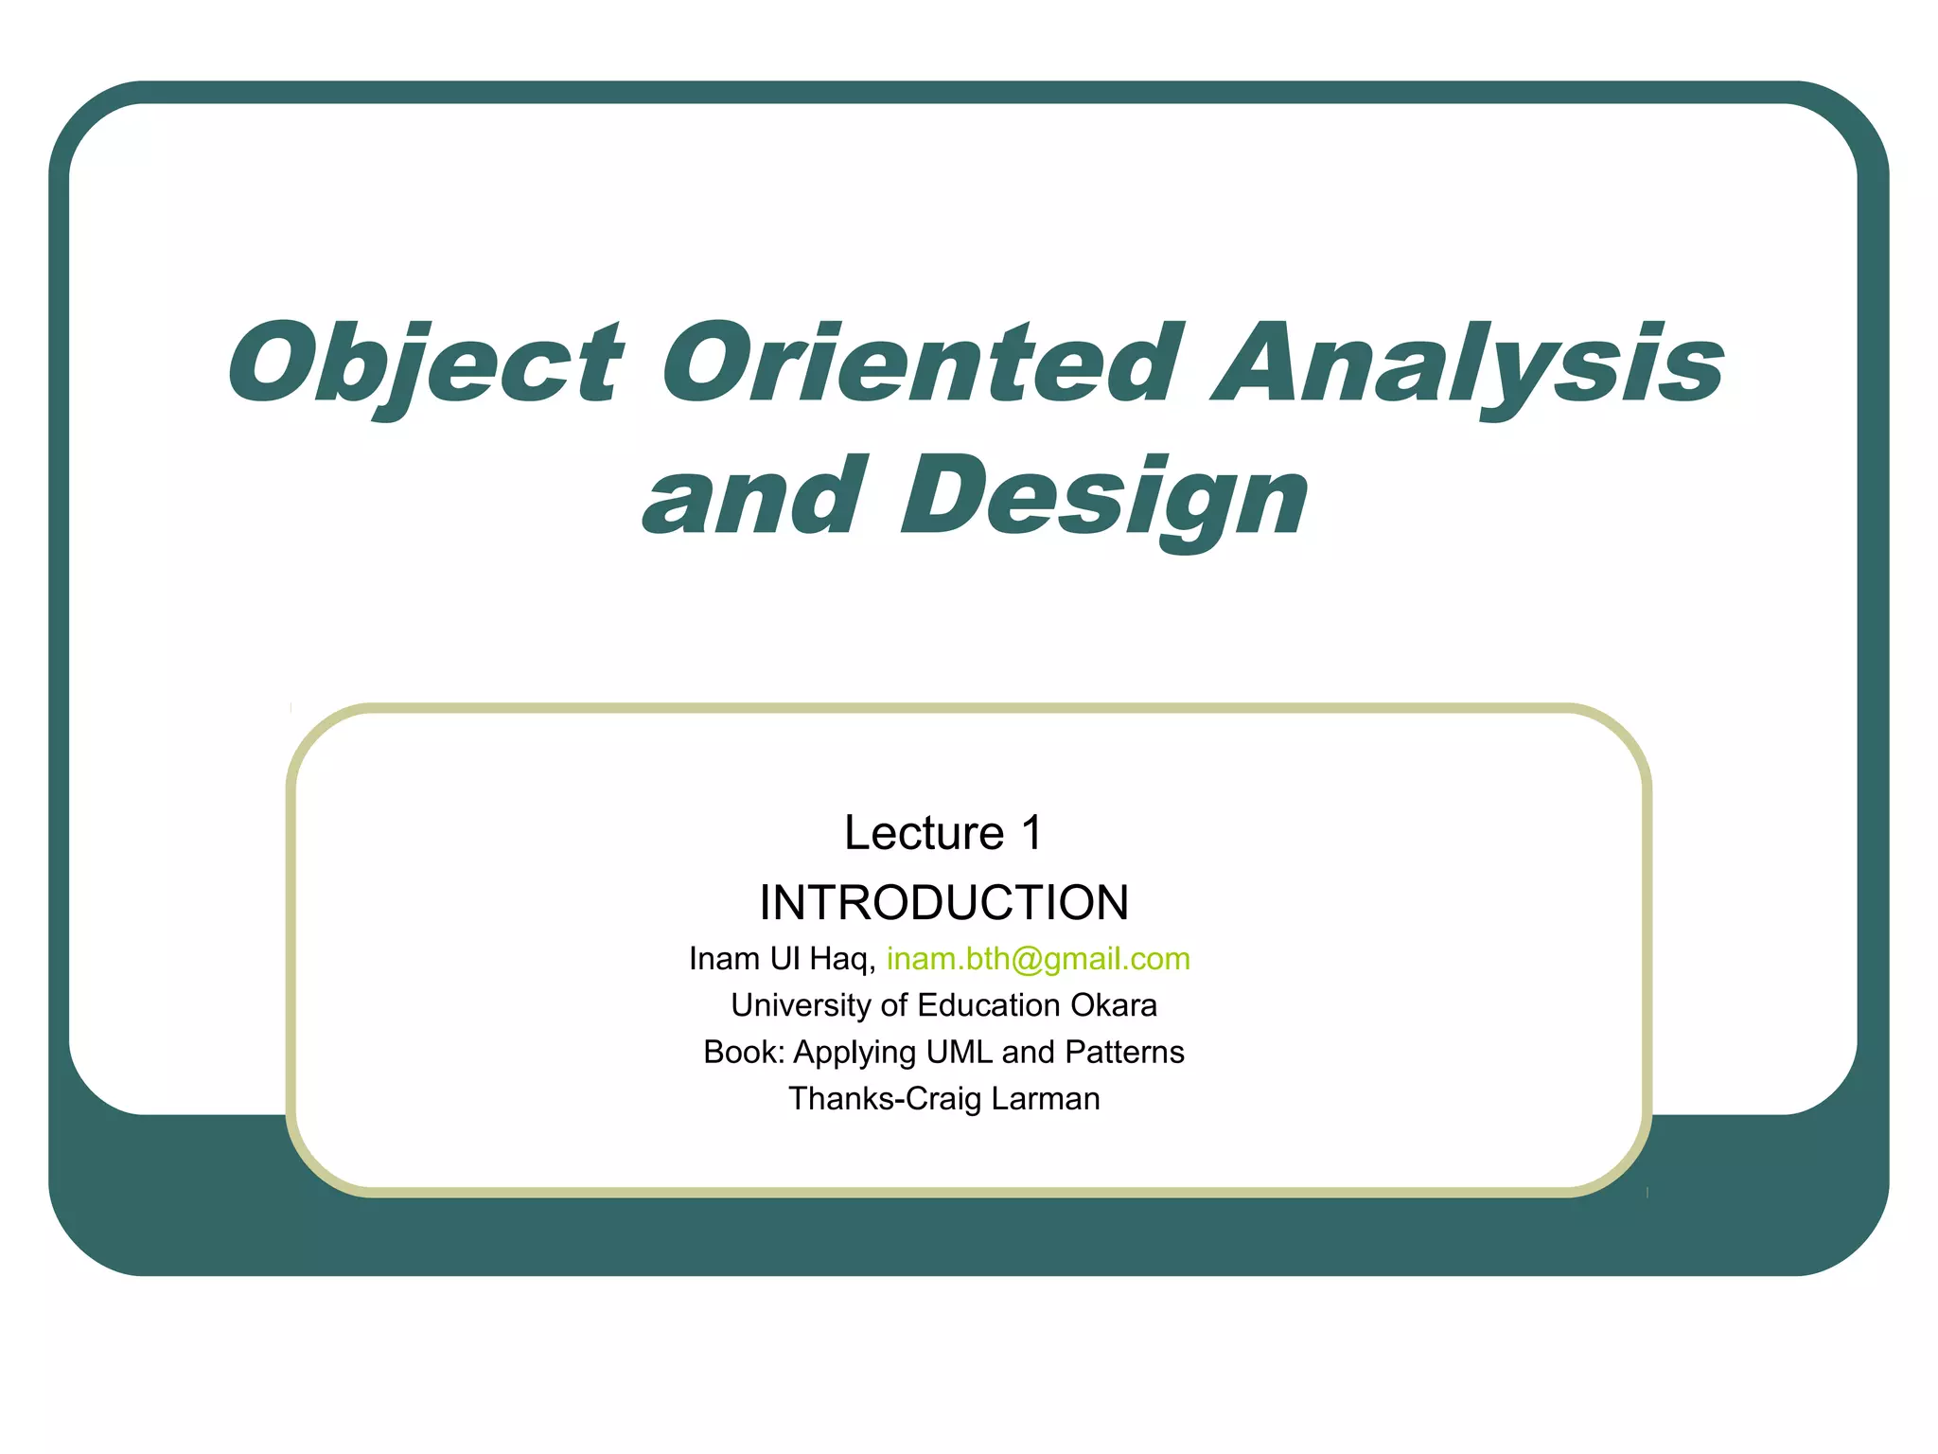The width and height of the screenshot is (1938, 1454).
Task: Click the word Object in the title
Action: [425, 363]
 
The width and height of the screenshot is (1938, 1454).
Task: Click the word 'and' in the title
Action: [753, 498]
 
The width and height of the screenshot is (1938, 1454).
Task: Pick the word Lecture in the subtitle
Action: [924, 833]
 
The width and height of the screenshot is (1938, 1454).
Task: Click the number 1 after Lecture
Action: [1031, 833]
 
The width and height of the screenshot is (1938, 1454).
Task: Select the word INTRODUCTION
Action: [943, 902]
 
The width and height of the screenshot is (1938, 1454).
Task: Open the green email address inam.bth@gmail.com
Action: [1038, 959]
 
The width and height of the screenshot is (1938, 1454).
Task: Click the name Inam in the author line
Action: [724, 959]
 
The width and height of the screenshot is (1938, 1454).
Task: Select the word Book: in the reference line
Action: [744, 1052]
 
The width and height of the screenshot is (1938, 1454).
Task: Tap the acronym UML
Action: [960, 1052]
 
